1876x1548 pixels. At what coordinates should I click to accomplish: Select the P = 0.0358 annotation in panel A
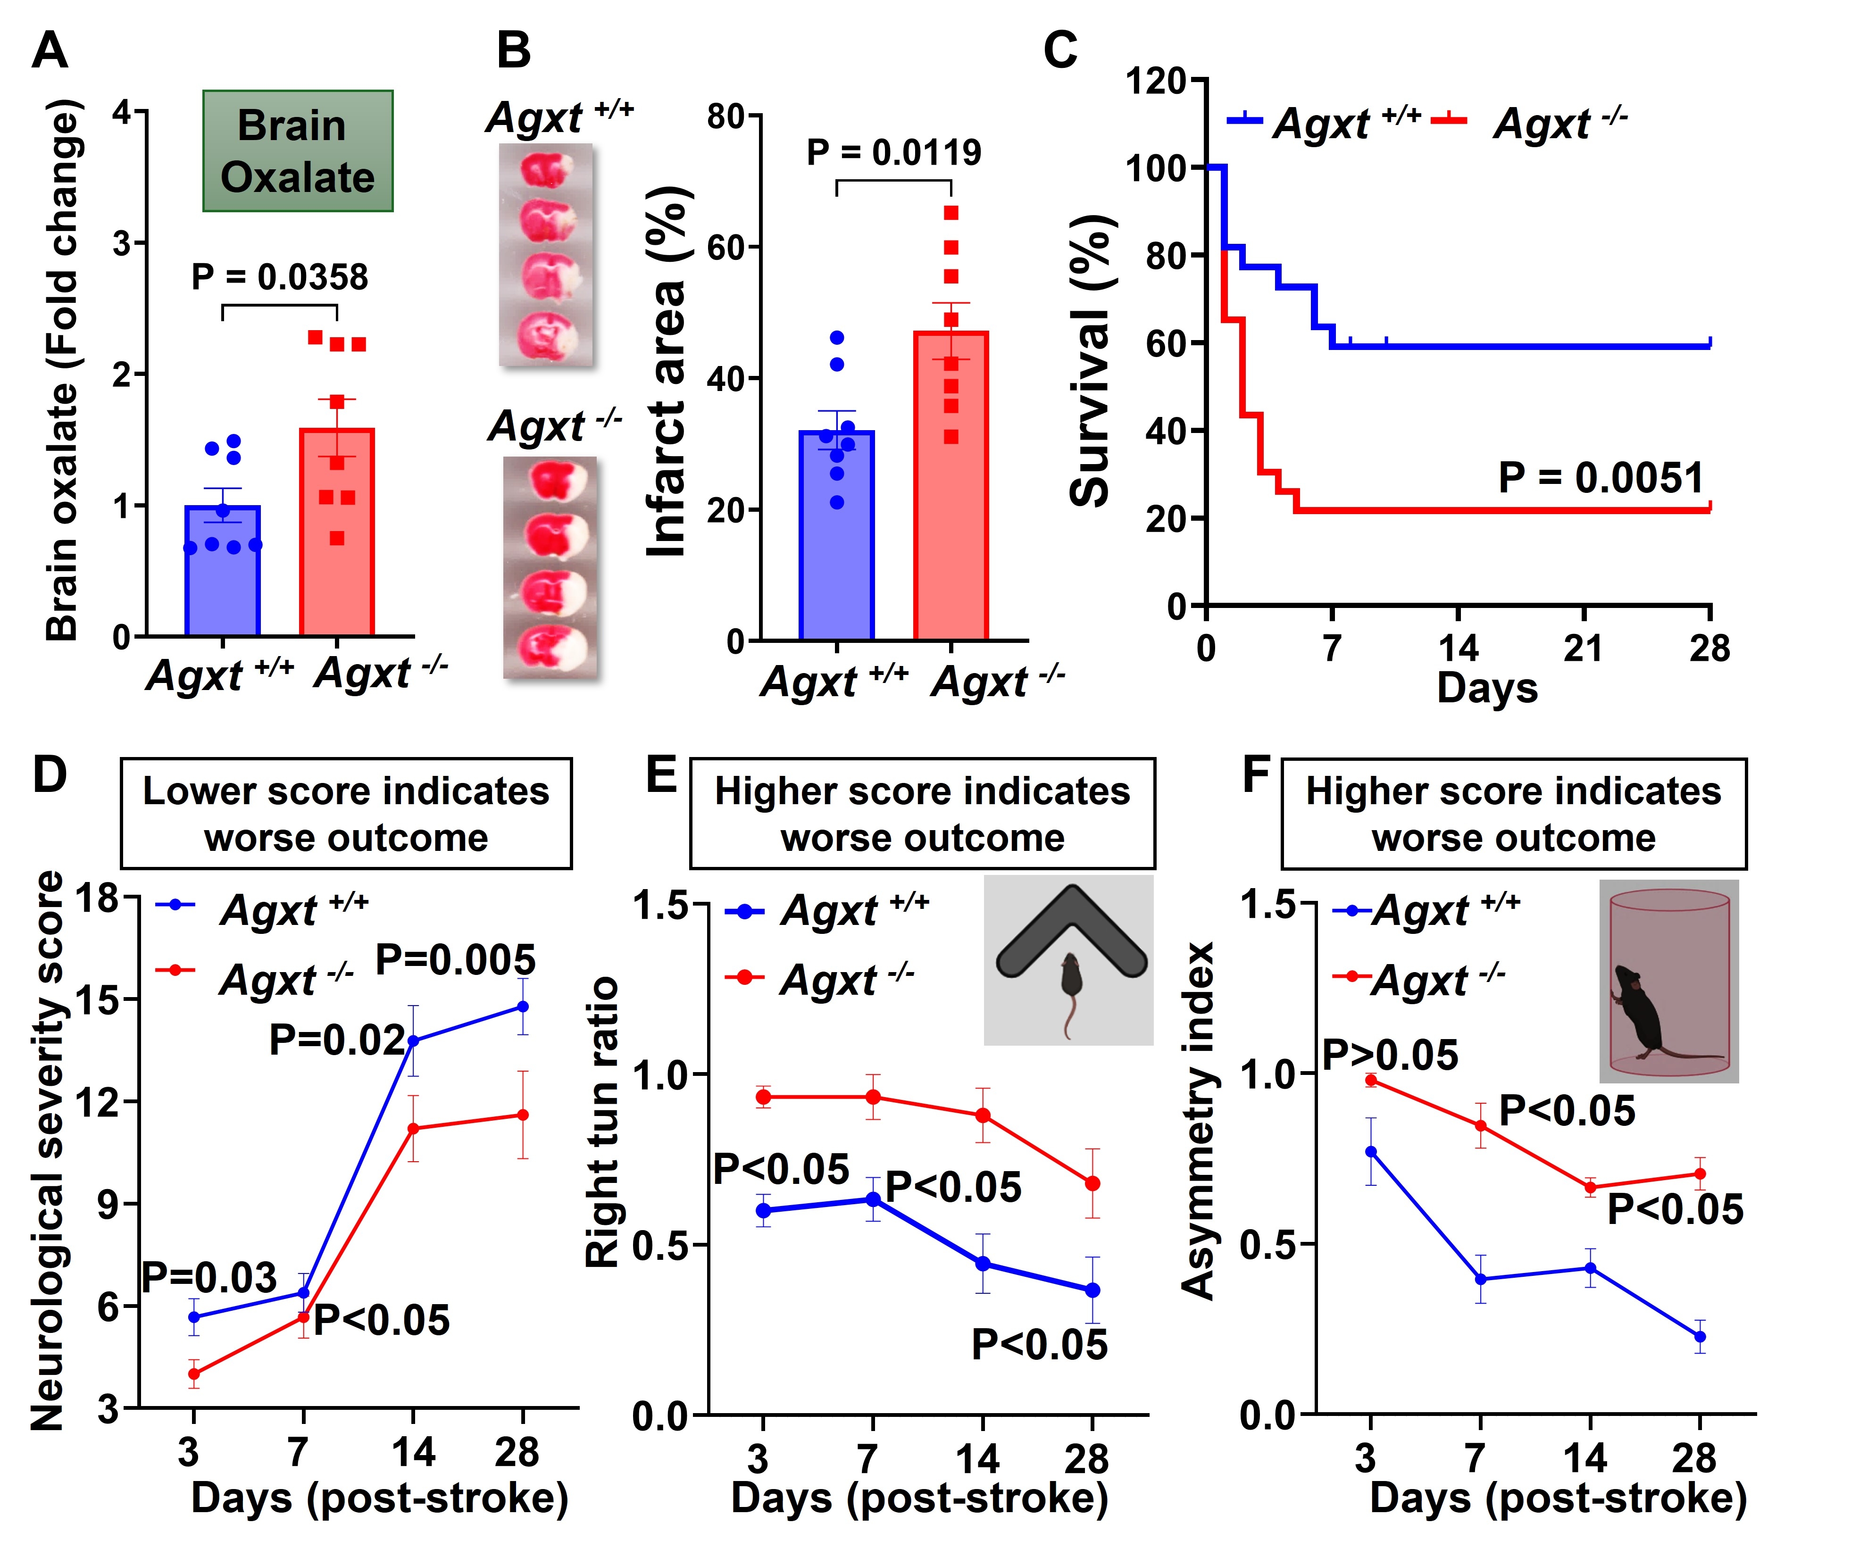279,277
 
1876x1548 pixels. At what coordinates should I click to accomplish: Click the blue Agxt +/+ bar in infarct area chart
836,535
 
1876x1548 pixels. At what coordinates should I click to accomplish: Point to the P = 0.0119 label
893,152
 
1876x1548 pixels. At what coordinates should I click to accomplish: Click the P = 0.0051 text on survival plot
1601,478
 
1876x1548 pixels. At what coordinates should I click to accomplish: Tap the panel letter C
1060,51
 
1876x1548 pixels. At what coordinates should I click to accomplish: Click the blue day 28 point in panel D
523,1007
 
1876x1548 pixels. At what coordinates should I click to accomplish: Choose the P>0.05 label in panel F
1389,1056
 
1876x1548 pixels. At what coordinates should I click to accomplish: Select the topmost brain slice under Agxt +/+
546,168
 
